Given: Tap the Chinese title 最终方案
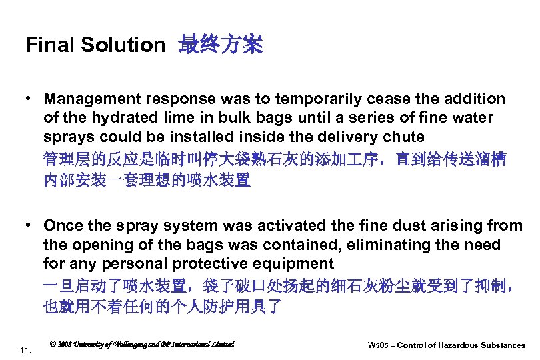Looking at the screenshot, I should coord(221,45).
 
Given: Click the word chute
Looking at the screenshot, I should coord(405,137).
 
